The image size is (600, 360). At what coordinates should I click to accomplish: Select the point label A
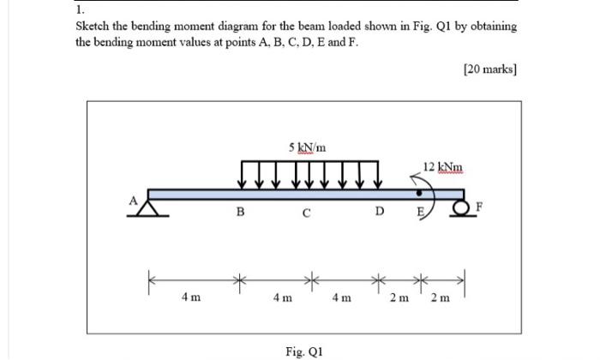134,199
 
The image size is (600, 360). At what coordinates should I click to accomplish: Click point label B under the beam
241,213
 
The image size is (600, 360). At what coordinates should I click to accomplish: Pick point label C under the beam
305,214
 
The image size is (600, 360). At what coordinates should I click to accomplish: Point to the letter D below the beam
379,213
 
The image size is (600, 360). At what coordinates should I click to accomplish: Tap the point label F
480,206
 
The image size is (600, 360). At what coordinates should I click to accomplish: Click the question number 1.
79,10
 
